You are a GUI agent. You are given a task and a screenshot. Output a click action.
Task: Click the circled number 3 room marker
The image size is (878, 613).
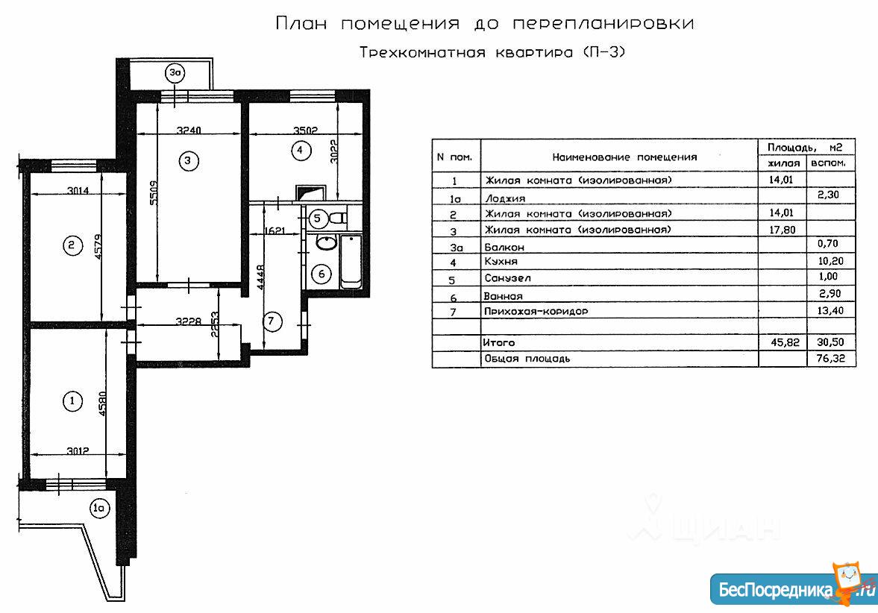[x=187, y=160]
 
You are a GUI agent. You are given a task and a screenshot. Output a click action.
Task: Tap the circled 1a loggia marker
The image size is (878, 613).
[x=99, y=509]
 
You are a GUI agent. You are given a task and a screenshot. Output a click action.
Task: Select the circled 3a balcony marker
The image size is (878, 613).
[x=175, y=73]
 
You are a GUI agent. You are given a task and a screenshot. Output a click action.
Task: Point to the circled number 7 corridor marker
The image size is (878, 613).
[x=272, y=321]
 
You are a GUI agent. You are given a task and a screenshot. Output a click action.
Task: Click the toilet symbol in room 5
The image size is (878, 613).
[x=338, y=217]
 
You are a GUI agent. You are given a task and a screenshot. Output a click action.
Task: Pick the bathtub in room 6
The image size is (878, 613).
[x=351, y=262]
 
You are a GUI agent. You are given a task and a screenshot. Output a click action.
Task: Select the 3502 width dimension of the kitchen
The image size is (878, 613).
[x=306, y=131]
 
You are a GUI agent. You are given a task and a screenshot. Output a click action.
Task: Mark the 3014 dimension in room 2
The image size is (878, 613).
[x=78, y=190]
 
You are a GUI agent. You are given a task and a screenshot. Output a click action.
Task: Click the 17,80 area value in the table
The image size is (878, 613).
[x=783, y=230]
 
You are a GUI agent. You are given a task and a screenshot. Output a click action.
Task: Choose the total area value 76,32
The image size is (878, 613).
[x=830, y=358]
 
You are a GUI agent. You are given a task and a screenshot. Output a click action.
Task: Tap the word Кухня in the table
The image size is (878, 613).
[x=501, y=262]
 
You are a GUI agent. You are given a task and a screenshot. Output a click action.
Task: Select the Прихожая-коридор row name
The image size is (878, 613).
[x=536, y=311]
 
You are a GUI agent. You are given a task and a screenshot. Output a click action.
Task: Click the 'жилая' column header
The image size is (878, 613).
[x=783, y=163]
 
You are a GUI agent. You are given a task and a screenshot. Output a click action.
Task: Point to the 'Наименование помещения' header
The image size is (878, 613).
[x=624, y=157]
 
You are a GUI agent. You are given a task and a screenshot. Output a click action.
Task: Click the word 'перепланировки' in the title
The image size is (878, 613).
[x=603, y=24]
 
